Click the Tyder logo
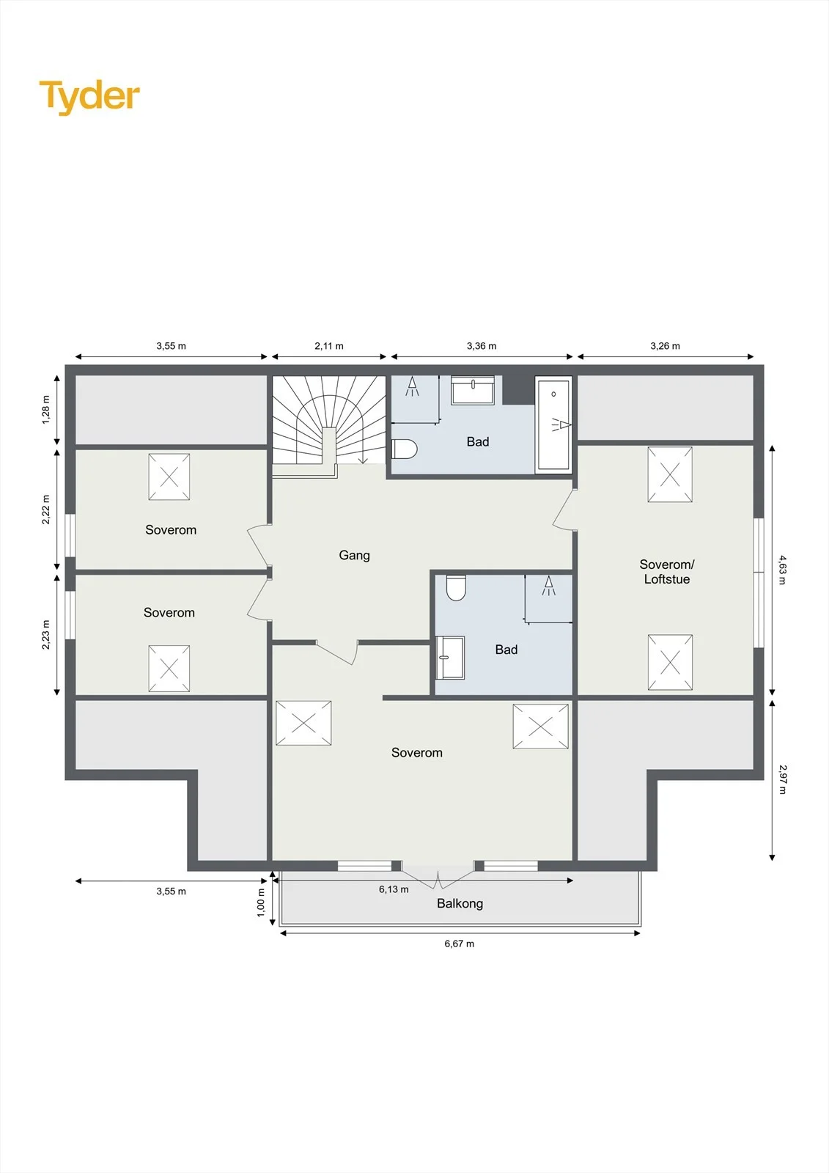pos(89,97)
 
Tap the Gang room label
pos(355,555)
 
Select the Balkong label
pos(460,903)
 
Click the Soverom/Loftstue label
pos(667,572)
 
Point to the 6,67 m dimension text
pos(460,944)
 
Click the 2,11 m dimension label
pos(329,346)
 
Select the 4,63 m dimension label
pos(782,570)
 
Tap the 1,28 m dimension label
pos(46,410)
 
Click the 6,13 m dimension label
pos(394,889)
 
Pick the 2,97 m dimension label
pos(782,779)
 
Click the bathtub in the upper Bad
pos(553,424)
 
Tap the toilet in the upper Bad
pos(405,449)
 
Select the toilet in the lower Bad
pos(456,587)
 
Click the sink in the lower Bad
pos(450,657)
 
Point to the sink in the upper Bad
pos(473,389)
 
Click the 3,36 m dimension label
pos(482,346)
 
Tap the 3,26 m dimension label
pos(665,346)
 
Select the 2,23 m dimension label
pos(46,635)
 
